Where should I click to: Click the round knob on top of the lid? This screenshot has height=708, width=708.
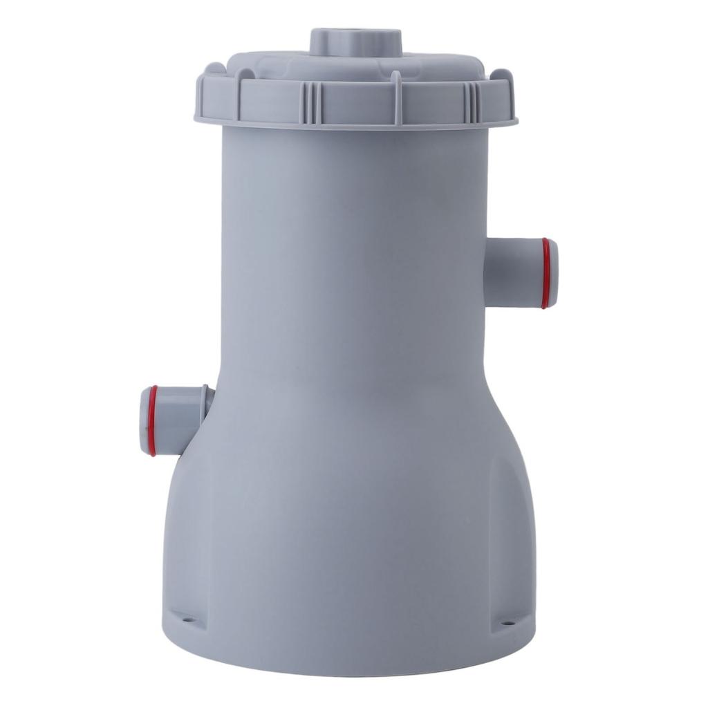tap(356, 43)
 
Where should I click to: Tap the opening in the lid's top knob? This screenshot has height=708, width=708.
tap(356, 34)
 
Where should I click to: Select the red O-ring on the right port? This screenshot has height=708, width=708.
tap(546, 273)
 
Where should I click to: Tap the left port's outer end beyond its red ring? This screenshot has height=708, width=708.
tap(144, 420)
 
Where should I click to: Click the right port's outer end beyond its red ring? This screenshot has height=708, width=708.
tap(553, 273)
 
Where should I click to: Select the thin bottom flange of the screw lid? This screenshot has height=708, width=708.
tap(356, 125)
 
